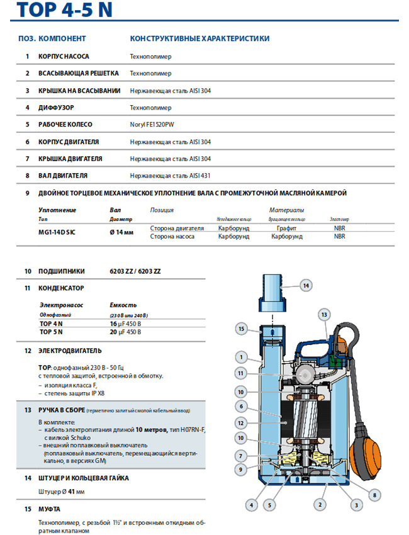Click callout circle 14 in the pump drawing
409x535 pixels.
tap(305, 286)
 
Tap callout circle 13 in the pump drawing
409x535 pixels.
tap(324, 313)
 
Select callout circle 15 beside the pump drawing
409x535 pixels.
tap(240, 328)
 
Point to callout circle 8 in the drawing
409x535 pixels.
tap(374, 495)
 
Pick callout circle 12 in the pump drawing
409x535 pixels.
tap(240, 422)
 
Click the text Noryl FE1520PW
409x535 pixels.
tap(155, 125)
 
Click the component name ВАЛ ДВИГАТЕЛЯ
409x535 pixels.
tap(63, 176)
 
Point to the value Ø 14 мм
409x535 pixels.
tap(122, 232)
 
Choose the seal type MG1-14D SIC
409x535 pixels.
tap(60, 232)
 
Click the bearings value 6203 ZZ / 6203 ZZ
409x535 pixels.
tap(135, 271)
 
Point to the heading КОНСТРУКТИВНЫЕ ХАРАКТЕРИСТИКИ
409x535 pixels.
tap(199, 38)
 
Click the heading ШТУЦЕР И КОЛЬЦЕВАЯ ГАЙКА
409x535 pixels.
tap(84, 478)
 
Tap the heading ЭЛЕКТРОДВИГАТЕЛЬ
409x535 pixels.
tap(70, 350)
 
